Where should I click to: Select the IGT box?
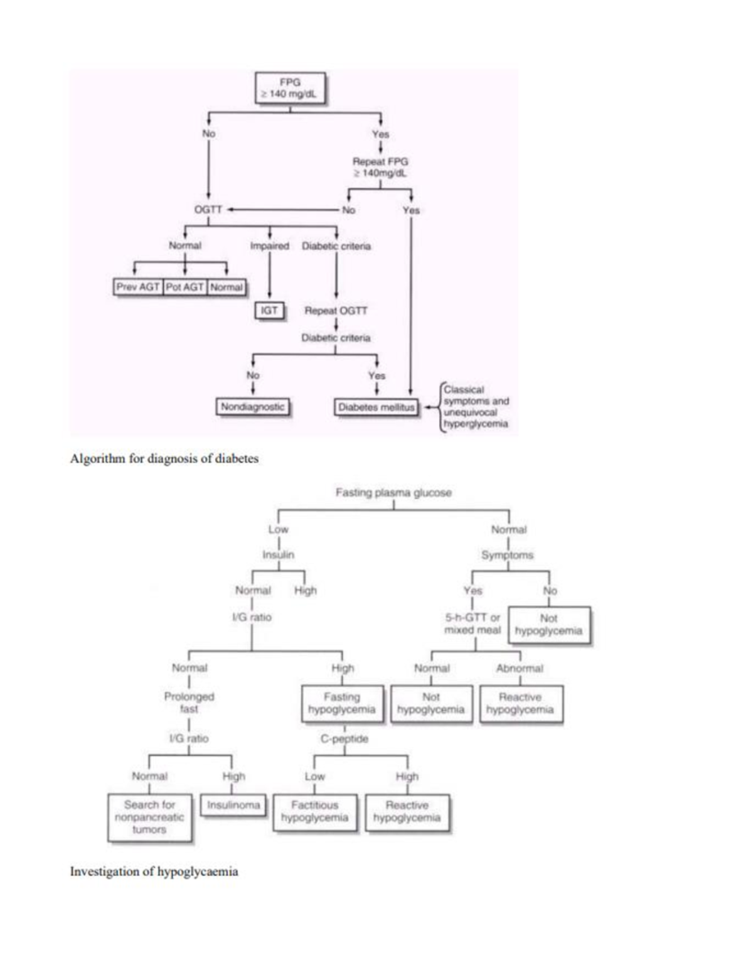click(x=269, y=310)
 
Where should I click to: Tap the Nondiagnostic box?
click(x=252, y=407)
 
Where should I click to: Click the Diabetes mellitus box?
click(x=376, y=407)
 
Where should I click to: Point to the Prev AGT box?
click(x=138, y=287)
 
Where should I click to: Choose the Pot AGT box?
click(x=184, y=287)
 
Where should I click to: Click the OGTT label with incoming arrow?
click(x=208, y=210)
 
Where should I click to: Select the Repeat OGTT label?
click(x=336, y=310)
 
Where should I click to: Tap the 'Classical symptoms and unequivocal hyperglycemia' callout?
click(x=476, y=407)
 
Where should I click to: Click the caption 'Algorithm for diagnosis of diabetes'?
click(x=164, y=459)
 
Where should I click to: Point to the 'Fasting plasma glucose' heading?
click(x=393, y=493)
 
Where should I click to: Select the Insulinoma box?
click(x=233, y=805)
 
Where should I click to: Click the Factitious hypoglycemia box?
click(x=314, y=811)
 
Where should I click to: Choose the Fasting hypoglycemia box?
click(x=342, y=703)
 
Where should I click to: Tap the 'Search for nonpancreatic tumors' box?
click(x=149, y=817)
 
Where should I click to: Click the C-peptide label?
click(x=344, y=739)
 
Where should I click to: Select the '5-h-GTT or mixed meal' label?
click(x=473, y=623)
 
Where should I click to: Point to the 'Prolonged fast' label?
click(x=189, y=703)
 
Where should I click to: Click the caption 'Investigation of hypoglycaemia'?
click(x=154, y=871)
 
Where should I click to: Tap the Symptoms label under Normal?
click(x=507, y=555)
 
